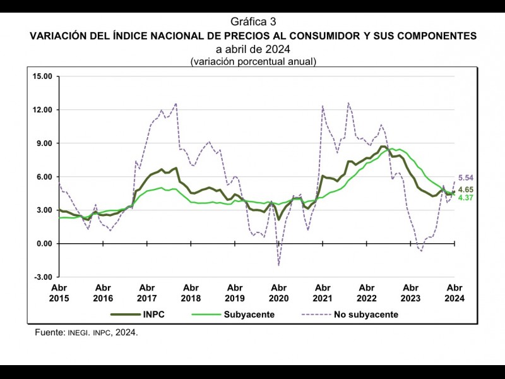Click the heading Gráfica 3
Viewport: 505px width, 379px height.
point(252,23)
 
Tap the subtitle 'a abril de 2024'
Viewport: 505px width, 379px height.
point(252,49)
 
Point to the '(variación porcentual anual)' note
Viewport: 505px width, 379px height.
point(252,61)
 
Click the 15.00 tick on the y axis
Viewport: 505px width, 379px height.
point(42,76)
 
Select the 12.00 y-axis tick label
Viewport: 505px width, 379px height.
point(42,110)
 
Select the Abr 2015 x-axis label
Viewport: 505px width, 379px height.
point(59,292)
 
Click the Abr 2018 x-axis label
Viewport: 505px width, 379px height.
point(191,292)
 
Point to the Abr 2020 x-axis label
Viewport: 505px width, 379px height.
point(278,292)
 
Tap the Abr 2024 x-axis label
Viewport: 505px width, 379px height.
point(454,292)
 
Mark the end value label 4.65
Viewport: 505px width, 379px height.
point(466,189)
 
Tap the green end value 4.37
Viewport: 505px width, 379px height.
point(466,198)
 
